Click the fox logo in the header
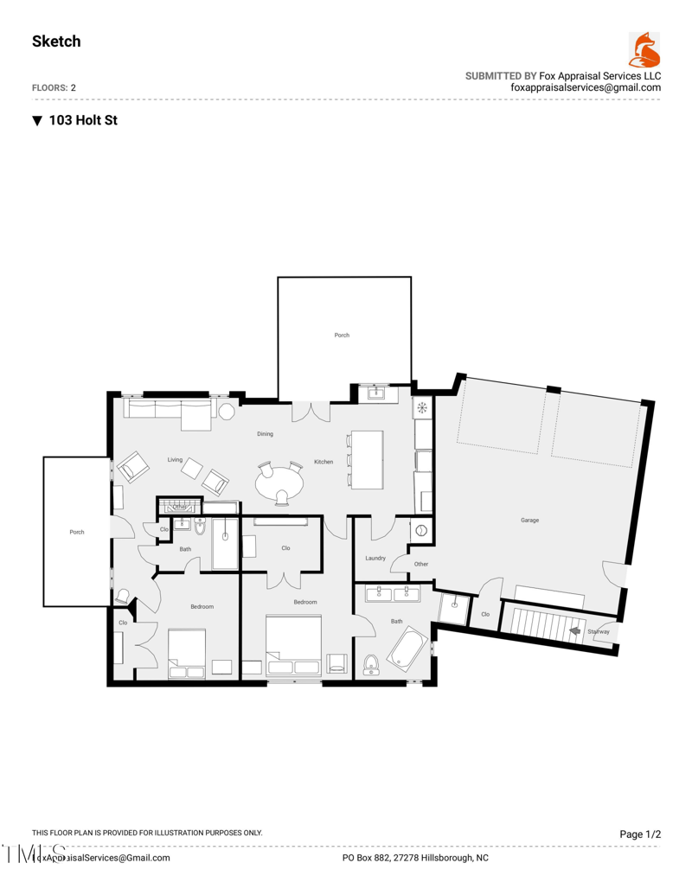coord(644,50)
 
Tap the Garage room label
coord(529,521)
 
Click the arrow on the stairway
coord(573,631)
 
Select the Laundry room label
coord(375,558)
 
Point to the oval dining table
coord(279,482)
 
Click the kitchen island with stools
coord(367,458)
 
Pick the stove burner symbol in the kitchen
coord(422,408)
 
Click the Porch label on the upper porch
coord(342,335)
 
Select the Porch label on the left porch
coord(77,532)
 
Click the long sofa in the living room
coord(169,413)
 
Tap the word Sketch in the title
coord(56,42)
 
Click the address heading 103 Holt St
coord(82,120)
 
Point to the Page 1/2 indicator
coord(640,834)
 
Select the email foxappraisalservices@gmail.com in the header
coord(586,87)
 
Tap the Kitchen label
coord(324,462)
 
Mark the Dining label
coord(265,433)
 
